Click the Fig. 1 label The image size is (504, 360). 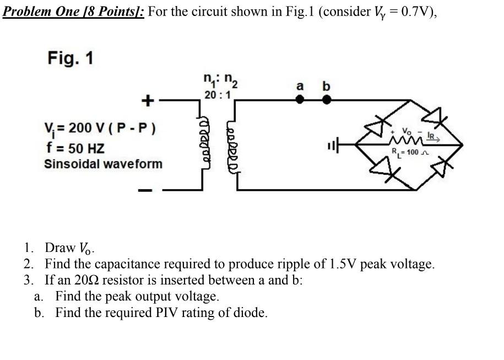(70, 58)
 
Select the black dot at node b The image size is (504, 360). (327, 100)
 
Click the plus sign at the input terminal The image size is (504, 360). (147, 100)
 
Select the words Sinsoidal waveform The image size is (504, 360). (103, 164)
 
